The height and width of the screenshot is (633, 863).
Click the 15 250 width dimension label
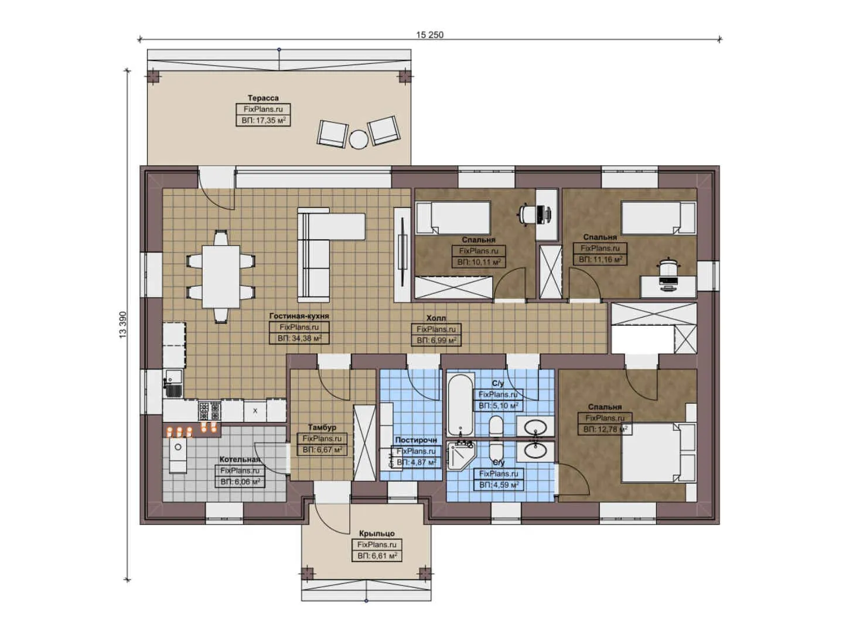pyautogui.click(x=429, y=35)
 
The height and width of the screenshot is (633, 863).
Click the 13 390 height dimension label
pyautogui.click(x=123, y=325)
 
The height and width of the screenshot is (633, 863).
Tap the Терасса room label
pyautogui.click(x=263, y=98)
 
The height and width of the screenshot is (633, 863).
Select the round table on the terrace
pyautogui.click(x=359, y=139)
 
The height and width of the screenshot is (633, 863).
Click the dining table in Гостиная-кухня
pyautogui.click(x=221, y=277)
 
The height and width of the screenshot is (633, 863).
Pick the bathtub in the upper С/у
pyautogui.click(x=461, y=404)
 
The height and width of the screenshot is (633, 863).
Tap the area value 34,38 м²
pyautogui.click(x=300, y=339)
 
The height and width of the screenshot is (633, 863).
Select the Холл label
pyautogui.click(x=436, y=318)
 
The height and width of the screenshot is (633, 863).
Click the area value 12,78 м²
pyautogui.click(x=605, y=429)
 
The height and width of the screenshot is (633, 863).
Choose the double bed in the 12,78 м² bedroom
pyautogui.click(x=659, y=452)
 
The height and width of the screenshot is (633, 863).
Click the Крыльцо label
pyautogui.click(x=377, y=533)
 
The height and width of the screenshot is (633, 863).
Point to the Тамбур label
pyautogui.click(x=322, y=427)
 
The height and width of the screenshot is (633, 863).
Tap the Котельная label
pyautogui.click(x=240, y=459)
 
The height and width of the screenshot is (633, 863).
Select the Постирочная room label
pyautogui.click(x=416, y=440)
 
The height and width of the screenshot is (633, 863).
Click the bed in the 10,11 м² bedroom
pyautogui.click(x=453, y=218)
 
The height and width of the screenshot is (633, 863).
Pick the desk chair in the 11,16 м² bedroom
pyautogui.click(x=669, y=267)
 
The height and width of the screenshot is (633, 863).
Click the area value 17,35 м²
pyautogui.click(x=264, y=120)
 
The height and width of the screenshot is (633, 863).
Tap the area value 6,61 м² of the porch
pyautogui.click(x=377, y=556)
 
